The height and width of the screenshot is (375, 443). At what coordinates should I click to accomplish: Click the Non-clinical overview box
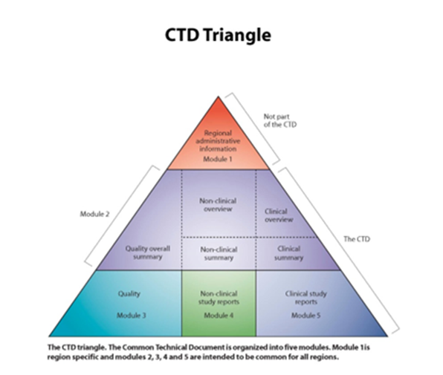click(219, 204)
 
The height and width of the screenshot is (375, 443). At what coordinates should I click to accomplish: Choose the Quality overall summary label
click(144, 252)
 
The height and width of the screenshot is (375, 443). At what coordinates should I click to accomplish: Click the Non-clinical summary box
click(219, 253)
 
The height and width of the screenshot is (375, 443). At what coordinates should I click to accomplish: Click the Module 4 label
click(219, 316)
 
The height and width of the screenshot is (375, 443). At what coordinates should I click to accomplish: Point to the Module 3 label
click(131, 316)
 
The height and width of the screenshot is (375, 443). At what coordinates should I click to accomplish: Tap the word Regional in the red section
click(219, 131)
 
